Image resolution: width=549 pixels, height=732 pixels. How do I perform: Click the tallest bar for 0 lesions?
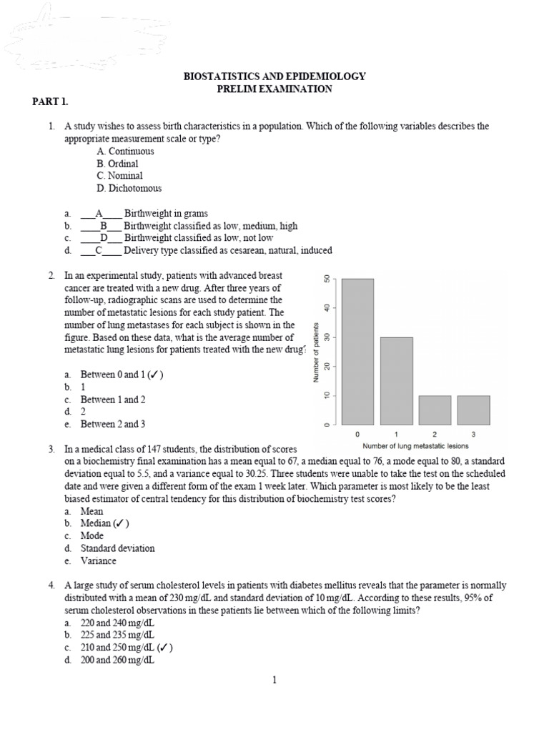(x=357, y=352)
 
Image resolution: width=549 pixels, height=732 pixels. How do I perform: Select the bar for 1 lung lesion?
(x=396, y=381)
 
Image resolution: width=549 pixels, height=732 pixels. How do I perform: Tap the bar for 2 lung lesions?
(x=435, y=410)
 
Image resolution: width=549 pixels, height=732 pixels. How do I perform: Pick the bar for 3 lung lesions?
(x=473, y=410)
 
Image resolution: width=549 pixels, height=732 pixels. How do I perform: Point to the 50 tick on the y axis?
(x=327, y=279)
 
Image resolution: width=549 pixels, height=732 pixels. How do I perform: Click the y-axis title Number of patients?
(x=315, y=352)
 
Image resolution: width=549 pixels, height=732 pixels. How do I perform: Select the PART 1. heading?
(x=49, y=102)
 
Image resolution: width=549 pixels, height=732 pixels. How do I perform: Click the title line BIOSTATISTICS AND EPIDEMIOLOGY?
(x=274, y=76)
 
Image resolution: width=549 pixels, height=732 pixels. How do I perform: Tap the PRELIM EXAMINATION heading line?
(x=274, y=89)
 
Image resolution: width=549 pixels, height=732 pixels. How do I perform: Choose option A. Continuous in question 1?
(x=125, y=151)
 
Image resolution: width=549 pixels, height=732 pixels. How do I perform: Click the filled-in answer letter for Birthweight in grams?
(x=99, y=213)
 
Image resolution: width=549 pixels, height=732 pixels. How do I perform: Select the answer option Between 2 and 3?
(x=112, y=424)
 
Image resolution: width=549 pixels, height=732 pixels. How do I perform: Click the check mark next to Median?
(x=119, y=523)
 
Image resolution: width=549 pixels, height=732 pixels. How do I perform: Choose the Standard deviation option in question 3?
(x=117, y=548)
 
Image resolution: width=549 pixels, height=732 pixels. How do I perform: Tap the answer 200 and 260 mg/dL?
(x=117, y=661)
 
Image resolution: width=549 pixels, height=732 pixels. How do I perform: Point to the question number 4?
(x=52, y=585)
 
